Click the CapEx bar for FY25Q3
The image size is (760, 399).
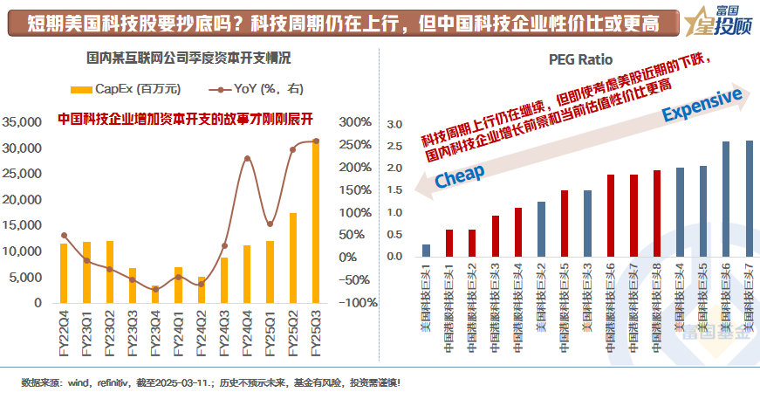pyautogui.click(x=315, y=222)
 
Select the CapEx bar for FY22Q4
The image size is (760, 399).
pyautogui.click(x=63, y=273)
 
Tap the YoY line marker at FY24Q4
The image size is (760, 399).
pyautogui.click(x=247, y=159)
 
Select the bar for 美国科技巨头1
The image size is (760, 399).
pyautogui.click(x=426, y=251)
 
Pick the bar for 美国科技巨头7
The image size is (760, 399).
pyautogui.click(x=749, y=199)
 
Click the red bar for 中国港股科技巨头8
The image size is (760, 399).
pyautogui.click(x=656, y=214)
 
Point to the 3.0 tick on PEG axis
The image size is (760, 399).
pyautogui.click(x=394, y=124)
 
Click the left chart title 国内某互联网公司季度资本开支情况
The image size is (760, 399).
pyautogui.click(x=189, y=59)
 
